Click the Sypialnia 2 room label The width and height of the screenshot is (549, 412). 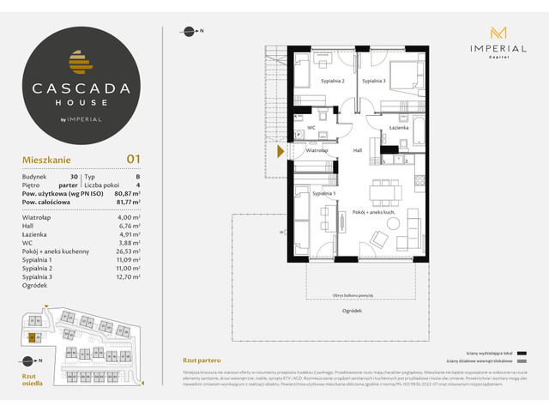coord(333,81)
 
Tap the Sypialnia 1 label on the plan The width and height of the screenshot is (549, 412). coord(323,194)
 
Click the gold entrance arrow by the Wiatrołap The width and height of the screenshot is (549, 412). coord(280,152)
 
